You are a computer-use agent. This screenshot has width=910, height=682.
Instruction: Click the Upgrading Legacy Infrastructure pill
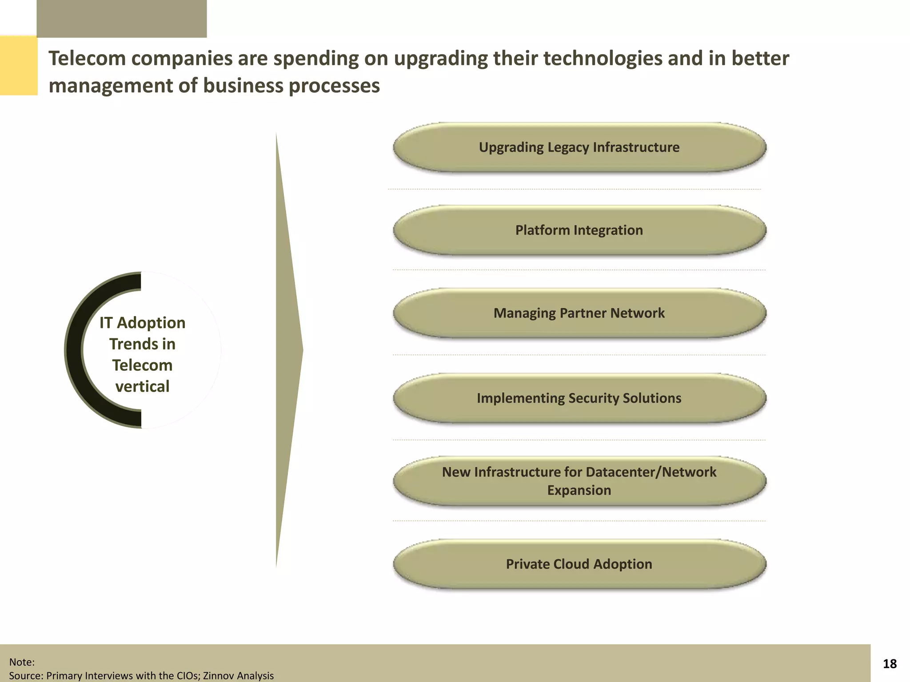pos(579,147)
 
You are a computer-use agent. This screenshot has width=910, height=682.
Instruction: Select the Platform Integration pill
pos(579,230)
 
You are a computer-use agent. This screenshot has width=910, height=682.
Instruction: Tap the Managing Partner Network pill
pos(579,313)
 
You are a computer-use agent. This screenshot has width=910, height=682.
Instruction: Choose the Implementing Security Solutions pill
pos(579,398)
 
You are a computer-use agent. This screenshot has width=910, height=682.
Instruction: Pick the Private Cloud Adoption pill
pos(579,564)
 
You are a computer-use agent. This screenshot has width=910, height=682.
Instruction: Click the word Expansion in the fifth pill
pos(579,490)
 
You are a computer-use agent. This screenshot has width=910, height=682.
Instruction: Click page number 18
pos(890,664)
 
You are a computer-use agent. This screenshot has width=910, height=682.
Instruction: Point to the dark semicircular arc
pos(74,350)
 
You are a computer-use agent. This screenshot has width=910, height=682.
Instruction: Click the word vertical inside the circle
pos(142,386)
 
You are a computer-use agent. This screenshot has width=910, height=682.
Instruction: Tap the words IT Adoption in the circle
pos(142,323)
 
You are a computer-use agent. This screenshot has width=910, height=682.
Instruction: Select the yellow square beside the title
pos(18,65)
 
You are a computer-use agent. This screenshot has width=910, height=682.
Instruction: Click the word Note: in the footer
pos(22,662)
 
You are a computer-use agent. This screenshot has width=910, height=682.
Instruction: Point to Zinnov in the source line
pos(219,676)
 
